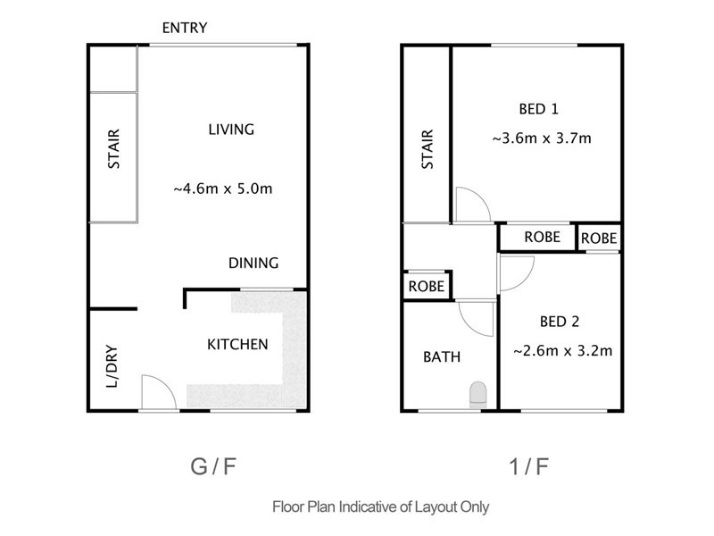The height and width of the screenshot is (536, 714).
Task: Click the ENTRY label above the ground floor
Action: tap(185, 28)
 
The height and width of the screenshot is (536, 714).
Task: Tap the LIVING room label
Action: tap(231, 129)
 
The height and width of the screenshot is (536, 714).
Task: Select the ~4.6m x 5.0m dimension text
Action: tap(222, 188)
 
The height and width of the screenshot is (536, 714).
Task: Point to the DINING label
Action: tap(253, 263)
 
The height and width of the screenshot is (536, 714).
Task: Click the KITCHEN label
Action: tap(237, 344)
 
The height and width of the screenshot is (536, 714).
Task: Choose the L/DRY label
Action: tap(112, 366)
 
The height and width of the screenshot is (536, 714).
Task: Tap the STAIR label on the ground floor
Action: tap(113, 151)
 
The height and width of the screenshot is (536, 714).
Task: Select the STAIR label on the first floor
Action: tap(427, 149)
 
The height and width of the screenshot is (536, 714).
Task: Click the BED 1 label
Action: tap(538, 110)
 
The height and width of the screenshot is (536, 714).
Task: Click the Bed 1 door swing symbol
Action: tap(469, 205)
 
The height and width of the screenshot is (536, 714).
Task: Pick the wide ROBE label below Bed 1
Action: tap(542, 238)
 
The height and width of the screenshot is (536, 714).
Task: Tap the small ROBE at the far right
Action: tap(599, 239)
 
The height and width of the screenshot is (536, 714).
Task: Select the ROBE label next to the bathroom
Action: tap(427, 287)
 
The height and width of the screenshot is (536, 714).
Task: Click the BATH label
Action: tap(442, 357)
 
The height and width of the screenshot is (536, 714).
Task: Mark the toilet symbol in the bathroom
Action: tap(477, 394)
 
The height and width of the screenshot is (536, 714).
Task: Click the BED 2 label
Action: tap(562, 322)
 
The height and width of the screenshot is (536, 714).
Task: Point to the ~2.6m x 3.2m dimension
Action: tap(563, 351)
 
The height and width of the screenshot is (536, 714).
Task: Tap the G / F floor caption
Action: tap(213, 465)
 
